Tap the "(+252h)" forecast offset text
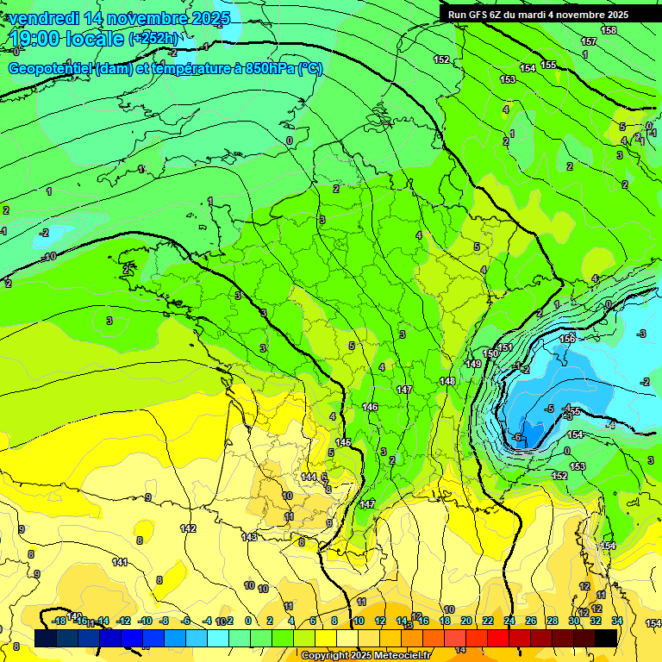[x=154, y=39]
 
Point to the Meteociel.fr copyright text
[x=367, y=656]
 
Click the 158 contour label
[x=609, y=30]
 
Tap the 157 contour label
[x=589, y=41]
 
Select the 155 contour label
[x=549, y=65]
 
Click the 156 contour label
[x=567, y=339]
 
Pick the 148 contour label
[x=447, y=381]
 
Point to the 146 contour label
[x=370, y=407]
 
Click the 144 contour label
[x=309, y=477]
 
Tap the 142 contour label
[x=188, y=528]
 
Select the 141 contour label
[x=120, y=562]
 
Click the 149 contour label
[x=473, y=364]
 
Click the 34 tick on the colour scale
[x=616, y=621]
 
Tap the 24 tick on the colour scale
[x=509, y=621]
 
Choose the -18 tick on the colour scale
[x=59, y=621]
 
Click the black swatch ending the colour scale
[x=606, y=637]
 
